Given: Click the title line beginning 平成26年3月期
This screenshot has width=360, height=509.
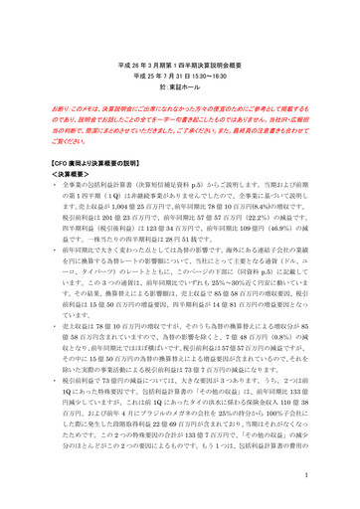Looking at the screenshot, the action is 179,62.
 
